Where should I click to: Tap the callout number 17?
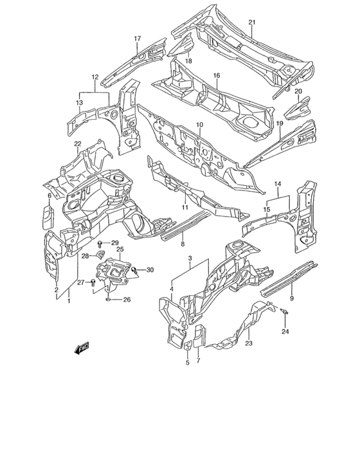(x=137, y=39)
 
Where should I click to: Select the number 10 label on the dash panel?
(x=199, y=124)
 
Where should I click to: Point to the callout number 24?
(x=286, y=332)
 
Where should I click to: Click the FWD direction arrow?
(x=82, y=349)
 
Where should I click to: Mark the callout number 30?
(x=150, y=269)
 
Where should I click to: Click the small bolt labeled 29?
(x=101, y=243)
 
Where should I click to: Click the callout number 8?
(x=182, y=244)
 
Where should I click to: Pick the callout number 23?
(x=248, y=343)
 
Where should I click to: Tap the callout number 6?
(x=49, y=195)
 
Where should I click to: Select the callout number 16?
(x=217, y=75)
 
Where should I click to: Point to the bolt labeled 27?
(x=94, y=282)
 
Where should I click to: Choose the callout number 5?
(x=188, y=363)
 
